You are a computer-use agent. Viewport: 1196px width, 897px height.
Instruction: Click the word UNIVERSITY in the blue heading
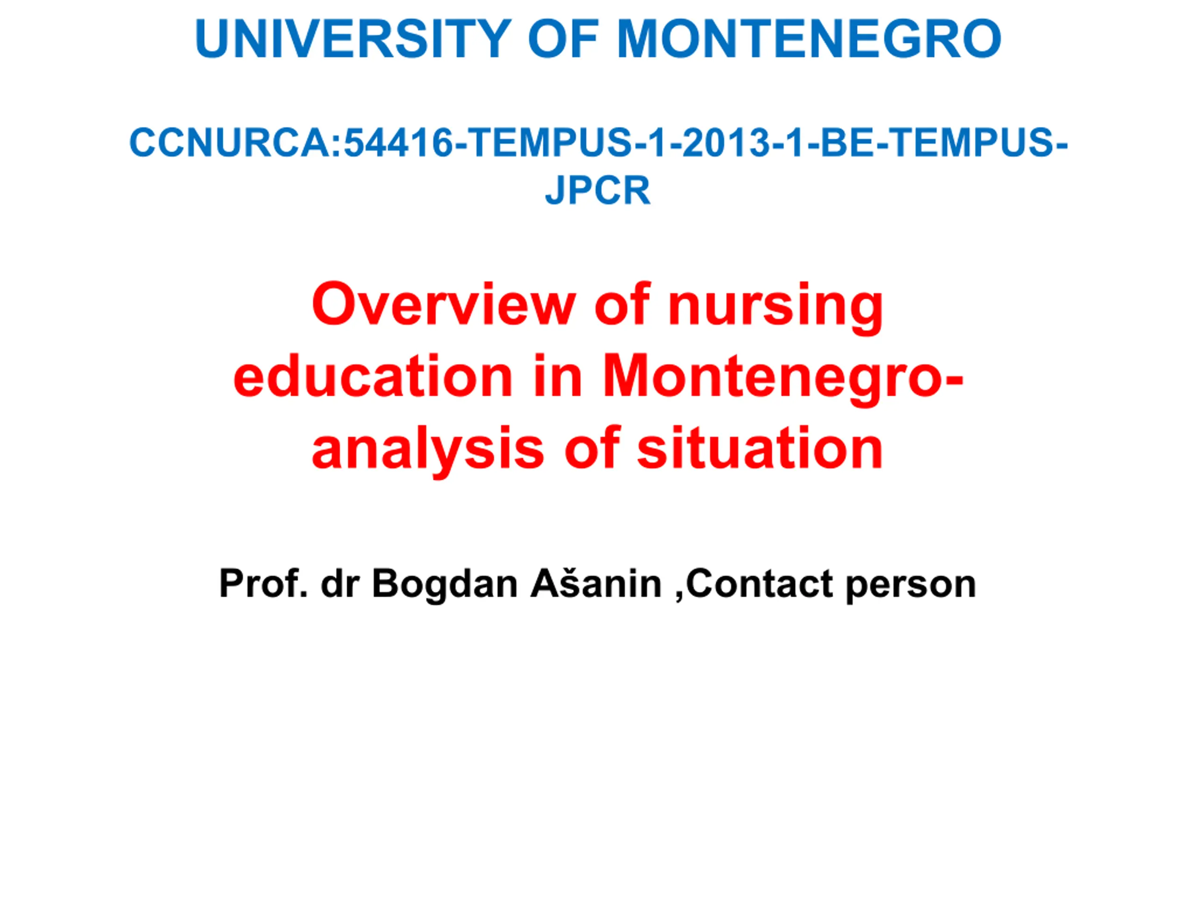click(x=353, y=38)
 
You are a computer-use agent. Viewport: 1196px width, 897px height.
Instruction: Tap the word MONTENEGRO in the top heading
click(x=810, y=38)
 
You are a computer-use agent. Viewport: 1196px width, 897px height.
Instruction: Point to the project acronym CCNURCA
click(x=230, y=143)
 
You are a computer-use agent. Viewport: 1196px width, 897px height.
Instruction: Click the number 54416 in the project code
click(x=399, y=143)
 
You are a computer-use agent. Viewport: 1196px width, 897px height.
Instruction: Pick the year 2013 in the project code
click(x=726, y=143)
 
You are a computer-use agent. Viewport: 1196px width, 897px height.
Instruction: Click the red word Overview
click(x=443, y=305)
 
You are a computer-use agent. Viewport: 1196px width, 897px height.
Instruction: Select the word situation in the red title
click(x=760, y=448)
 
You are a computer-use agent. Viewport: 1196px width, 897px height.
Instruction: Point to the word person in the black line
click(x=911, y=587)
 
